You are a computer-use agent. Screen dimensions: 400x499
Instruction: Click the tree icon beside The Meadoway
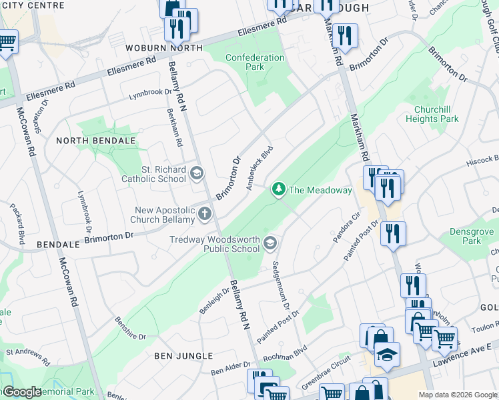tap(279, 190)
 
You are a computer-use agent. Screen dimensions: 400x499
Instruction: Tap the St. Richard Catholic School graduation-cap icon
tap(196, 174)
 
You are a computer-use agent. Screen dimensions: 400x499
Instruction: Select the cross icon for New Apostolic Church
tap(204, 215)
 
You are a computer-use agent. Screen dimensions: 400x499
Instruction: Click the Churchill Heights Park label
tap(432, 114)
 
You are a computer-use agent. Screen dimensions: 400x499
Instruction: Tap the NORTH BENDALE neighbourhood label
tap(96, 141)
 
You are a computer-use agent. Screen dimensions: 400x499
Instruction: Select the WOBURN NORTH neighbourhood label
tap(163, 48)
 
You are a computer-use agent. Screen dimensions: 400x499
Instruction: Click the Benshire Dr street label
tap(130, 328)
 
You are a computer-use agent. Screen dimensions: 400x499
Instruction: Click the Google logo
tap(22, 392)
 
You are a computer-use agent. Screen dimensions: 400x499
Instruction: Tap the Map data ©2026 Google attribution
tap(457, 395)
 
